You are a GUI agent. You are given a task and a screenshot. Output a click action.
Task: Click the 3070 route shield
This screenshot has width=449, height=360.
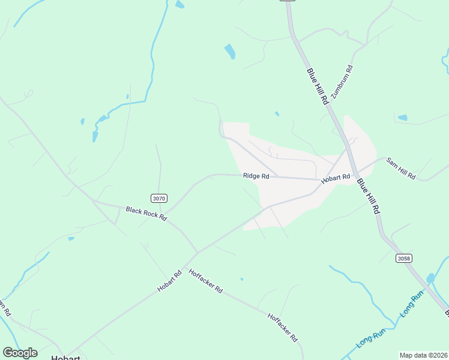pos(158,198)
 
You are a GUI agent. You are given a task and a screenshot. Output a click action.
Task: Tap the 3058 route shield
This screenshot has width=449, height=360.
pos(404,258)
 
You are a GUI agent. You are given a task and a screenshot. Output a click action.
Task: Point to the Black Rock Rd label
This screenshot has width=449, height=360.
pos(146,214)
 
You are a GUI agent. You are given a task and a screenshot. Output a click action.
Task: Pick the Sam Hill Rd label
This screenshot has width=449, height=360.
pos(400,169)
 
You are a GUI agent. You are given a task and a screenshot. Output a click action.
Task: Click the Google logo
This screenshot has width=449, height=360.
pos(20,353)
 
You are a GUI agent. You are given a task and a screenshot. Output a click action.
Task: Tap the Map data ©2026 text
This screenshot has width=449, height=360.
pos(424,355)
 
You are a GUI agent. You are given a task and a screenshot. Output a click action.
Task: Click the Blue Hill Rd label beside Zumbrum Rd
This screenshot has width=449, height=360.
pos(318,87)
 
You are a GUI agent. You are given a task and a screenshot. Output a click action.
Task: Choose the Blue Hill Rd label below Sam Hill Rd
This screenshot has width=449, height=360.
pos(369,196)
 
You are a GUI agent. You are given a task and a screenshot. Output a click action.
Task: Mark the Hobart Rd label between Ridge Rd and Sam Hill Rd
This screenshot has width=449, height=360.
pos(335,178)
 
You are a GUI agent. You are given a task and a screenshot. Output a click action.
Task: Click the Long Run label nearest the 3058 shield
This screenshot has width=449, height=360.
pos(412,306)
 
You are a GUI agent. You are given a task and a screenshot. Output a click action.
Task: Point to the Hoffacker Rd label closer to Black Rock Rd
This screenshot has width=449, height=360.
pos(206,281)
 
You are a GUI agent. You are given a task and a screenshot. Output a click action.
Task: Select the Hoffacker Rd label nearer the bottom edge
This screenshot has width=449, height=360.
pos(282,327)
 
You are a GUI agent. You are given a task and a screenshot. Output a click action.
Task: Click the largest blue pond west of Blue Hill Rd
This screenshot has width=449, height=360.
pos(230,52)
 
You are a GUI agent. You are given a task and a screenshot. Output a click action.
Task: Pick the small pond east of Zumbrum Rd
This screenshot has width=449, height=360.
pos(402,118)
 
